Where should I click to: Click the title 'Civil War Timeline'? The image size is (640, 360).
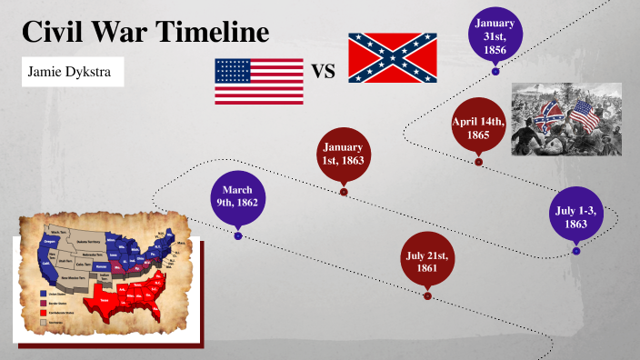[145, 34]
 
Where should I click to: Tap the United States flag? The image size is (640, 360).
[259, 82]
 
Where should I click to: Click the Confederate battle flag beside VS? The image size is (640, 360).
[393, 57]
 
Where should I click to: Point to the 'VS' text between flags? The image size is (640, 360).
[325, 72]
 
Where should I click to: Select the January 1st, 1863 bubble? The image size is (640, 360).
[344, 155]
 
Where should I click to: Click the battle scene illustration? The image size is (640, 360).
[565, 119]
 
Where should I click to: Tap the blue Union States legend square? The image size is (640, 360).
[43, 294]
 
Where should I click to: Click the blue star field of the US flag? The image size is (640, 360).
[233, 70]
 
